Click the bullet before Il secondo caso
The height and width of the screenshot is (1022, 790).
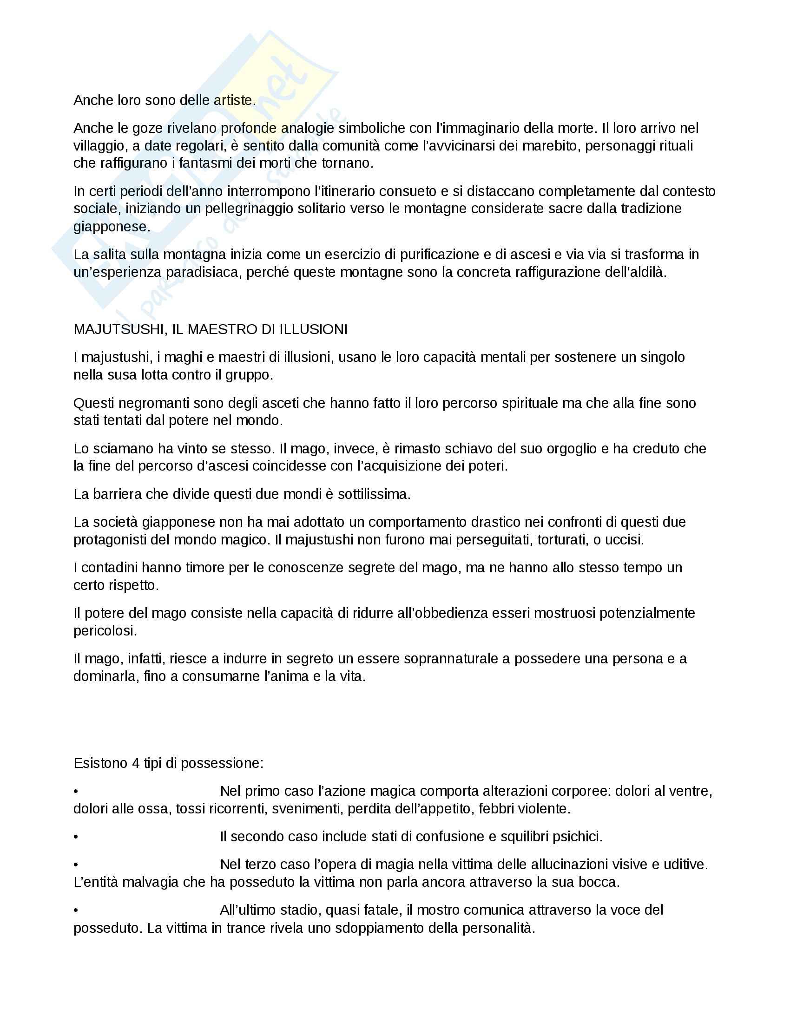point(76,837)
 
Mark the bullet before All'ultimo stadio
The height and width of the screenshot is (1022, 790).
point(76,911)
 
